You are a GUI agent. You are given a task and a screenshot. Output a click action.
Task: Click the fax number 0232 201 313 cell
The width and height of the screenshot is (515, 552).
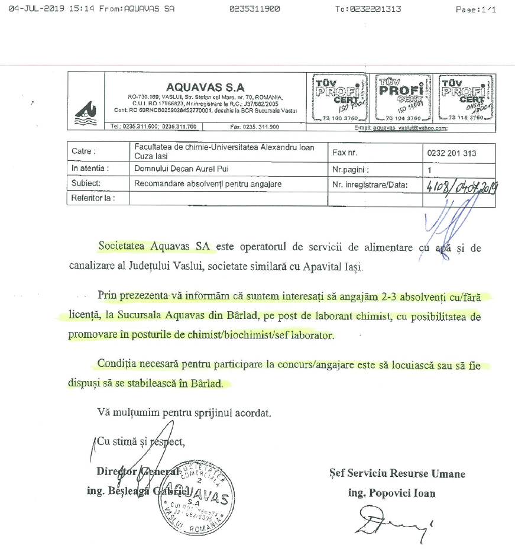click(x=452, y=153)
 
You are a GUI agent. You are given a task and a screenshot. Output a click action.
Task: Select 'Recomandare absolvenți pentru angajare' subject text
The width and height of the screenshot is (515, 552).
click(x=208, y=184)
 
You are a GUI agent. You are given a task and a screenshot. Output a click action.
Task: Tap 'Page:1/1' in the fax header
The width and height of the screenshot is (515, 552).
click(x=476, y=9)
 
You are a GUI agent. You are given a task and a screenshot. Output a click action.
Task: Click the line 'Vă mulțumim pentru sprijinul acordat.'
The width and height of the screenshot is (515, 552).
click(x=184, y=412)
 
